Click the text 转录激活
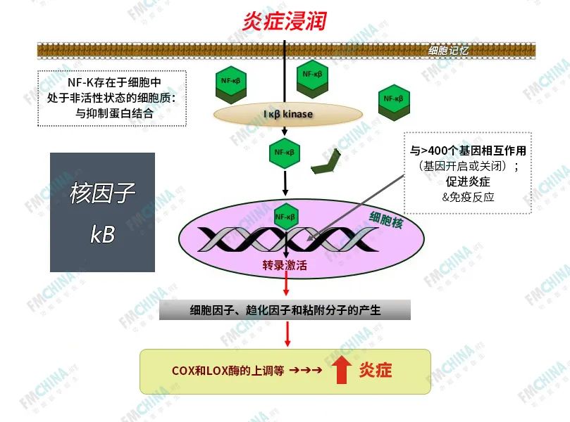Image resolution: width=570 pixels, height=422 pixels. click(x=284, y=267)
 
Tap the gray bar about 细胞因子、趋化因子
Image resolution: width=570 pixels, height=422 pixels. click(x=285, y=309)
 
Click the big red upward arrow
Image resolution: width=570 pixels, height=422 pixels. click(x=342, y=370)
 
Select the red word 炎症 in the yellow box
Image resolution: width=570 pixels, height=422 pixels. click(x=376, y=370)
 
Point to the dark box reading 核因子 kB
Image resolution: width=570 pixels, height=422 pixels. click(x=102, y=212)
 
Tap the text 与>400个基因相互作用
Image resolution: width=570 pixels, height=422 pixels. click(x=468, y=151)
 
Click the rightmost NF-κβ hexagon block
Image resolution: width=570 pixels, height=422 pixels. click(x=393, y=99)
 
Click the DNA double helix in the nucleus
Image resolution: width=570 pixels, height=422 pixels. click(x=285, y=239)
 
